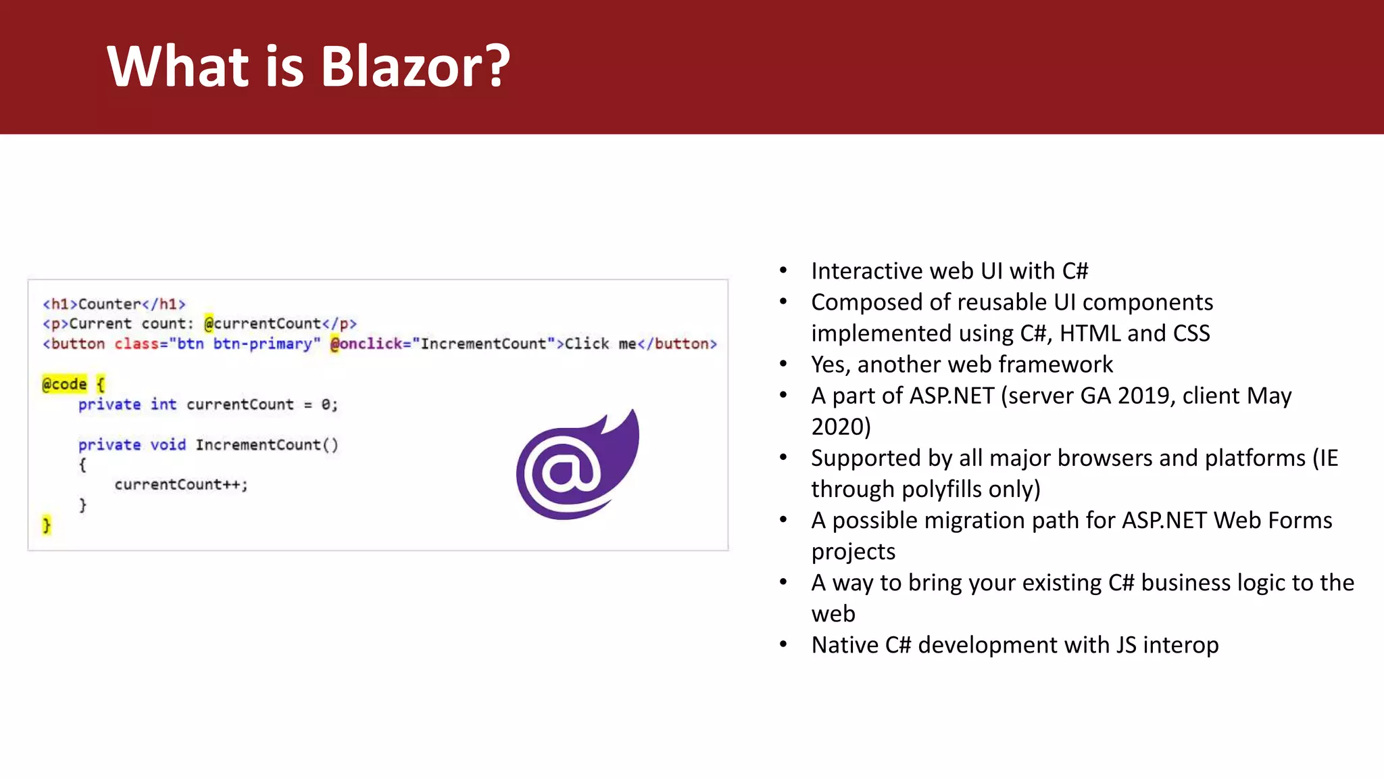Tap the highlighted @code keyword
click(65, 384)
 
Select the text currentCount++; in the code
click(181, 484)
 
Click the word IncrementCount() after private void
click(267, 444)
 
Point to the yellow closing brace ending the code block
click(47, 525)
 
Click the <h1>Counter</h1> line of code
click(114, 304)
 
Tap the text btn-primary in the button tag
click(266, 344)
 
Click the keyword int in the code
click(163, 404)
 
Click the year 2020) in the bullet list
click(841, 427)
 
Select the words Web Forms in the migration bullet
click(1272, 520)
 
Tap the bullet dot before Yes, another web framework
click(783, 364)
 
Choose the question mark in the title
click(498, 66)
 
